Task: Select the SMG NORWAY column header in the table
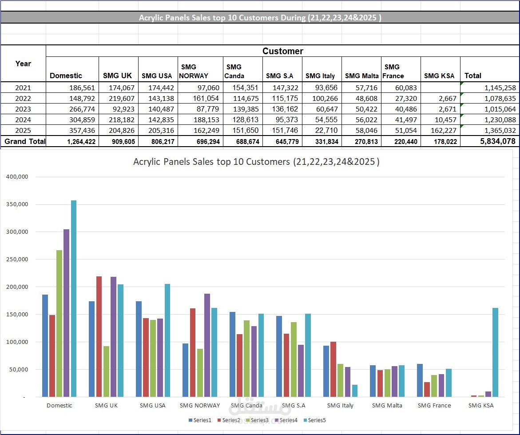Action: pos(194,71)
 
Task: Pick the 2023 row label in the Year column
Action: pos(23,109)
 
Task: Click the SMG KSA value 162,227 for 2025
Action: pos(442,130)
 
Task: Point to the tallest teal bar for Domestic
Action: pos(74,298)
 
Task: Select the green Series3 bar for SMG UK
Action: pos(106,371)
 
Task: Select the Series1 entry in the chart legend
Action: pos(200,420)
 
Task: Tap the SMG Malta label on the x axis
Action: pos(387,405)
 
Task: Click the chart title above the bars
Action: pos(256,162)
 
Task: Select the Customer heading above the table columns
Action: pos(282,51)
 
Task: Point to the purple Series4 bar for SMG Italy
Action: pos(348,382)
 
